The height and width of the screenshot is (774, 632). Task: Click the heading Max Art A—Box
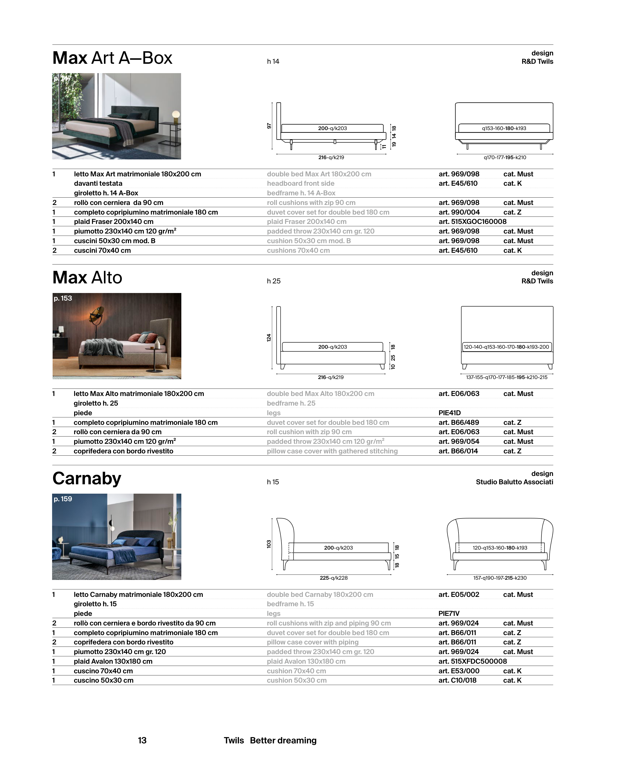112,58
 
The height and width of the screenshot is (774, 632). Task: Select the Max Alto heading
87,278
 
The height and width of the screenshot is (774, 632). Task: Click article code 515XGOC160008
472,221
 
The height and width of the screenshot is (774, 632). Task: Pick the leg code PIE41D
450,413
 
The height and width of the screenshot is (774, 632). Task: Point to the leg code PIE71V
449,613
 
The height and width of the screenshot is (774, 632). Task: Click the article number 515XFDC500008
472,661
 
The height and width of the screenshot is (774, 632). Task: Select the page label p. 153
63,298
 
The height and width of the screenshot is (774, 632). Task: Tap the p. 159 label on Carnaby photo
63,499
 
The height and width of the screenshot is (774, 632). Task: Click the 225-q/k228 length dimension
334,578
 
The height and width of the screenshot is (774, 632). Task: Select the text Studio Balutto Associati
514,482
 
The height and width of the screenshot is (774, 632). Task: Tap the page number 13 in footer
142,741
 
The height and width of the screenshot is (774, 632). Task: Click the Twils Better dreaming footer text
270,741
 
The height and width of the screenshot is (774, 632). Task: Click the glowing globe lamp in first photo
176,114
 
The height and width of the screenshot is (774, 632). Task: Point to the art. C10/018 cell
457,680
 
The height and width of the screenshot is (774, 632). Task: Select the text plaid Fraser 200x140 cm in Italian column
114,221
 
